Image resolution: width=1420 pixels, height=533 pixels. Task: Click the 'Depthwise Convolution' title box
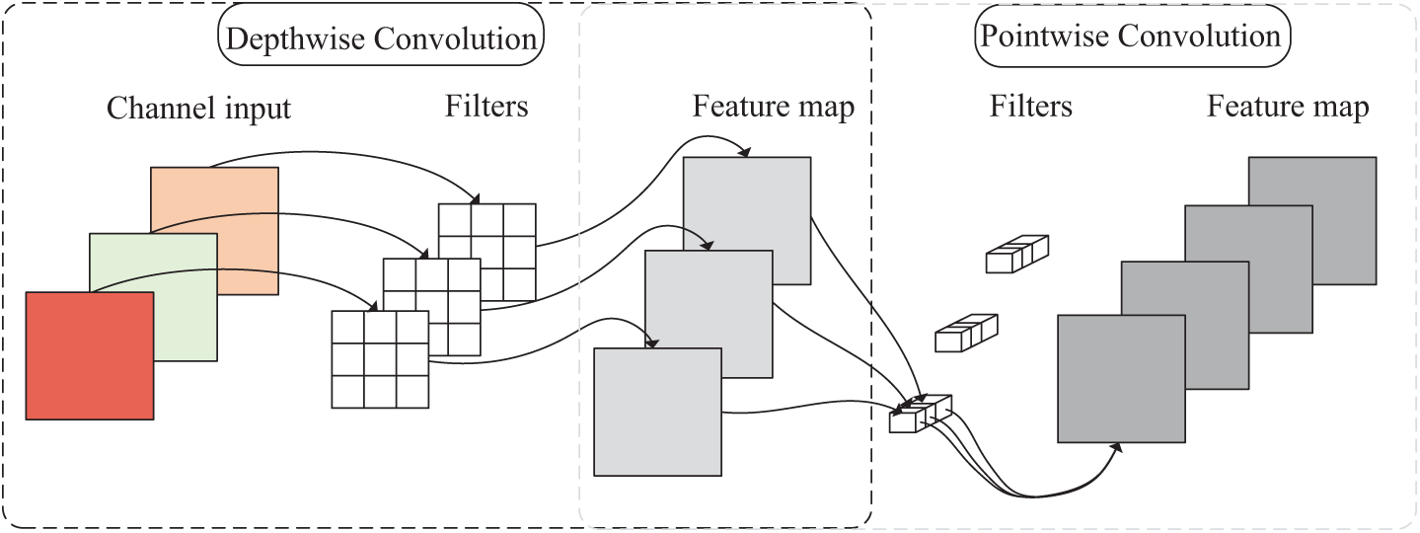tap(381, 35)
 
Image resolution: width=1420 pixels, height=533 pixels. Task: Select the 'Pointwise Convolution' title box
tap(1132, 36)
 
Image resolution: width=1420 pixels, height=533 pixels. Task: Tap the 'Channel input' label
tap(198, 108)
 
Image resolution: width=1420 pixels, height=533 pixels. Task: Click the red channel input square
tap(90, 355)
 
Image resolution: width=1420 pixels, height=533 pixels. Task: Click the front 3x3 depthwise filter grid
tap(380, 359)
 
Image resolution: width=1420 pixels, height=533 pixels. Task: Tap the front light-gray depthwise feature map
tap(657, 412)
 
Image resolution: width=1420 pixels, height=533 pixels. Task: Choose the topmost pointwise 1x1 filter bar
tap(1016, 254)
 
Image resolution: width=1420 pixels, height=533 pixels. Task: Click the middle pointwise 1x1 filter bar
tap(966, 333)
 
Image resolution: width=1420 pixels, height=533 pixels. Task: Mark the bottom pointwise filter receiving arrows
tap(921, 414)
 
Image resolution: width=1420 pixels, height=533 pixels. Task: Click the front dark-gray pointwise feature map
tap(1121, 379)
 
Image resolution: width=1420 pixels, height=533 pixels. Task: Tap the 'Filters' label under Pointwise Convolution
tap(1031, 106)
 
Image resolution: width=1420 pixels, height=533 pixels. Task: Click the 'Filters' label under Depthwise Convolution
tap(486, 106)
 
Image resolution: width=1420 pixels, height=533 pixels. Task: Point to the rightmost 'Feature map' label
tap(1288, 107)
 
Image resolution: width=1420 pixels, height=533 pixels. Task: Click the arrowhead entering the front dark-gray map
tap(1117, 447)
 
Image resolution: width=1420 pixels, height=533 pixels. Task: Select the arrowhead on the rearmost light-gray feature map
tap(745, 152)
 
